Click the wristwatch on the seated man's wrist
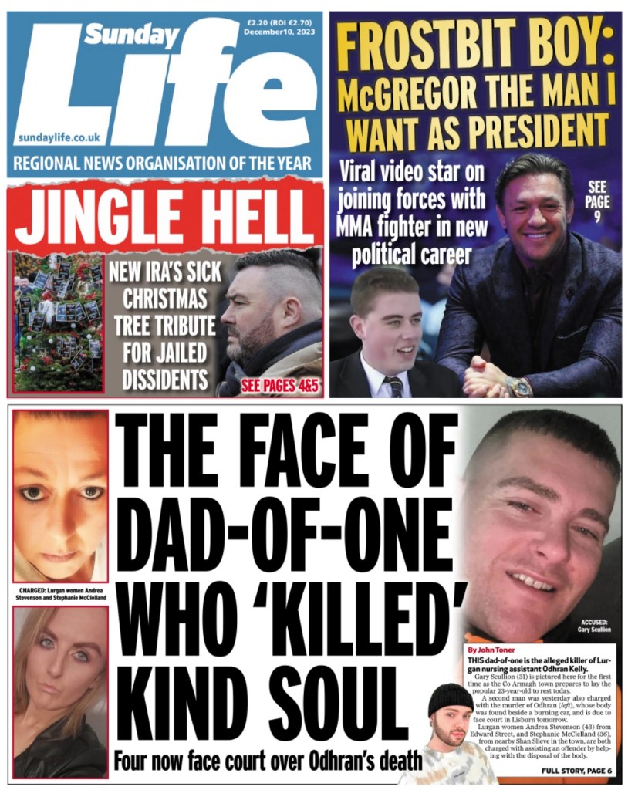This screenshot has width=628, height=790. [x=519, y=386]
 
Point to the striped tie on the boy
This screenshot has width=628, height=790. [x=394, y=385]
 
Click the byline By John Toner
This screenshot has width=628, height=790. [x=491, y=650]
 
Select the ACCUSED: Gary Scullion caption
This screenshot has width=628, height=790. [x=594, y=626]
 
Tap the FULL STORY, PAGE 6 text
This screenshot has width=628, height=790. [x=576, y=771]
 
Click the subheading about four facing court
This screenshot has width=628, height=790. [x=268, y=761]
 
